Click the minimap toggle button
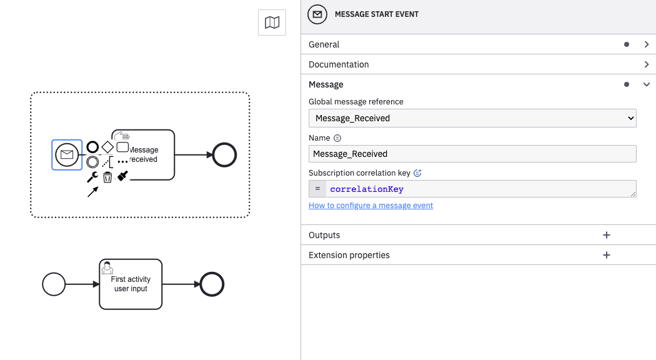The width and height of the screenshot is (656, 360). [272, 23]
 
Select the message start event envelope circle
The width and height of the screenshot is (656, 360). [67, 154]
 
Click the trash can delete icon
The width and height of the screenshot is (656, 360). [107, 177]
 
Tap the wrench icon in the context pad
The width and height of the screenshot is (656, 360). [92, 177]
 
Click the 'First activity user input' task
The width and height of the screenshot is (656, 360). [131, 284]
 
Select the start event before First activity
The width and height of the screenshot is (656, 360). [54, 284]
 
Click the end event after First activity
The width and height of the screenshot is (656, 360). [212, 284]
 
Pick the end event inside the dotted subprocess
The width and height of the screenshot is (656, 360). [225, 154]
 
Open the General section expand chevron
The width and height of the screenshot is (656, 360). [647, 44]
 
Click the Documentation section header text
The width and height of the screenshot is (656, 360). [339, 64]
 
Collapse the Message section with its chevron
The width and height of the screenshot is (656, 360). [647, 84]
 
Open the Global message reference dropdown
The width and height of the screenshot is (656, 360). [472, 118]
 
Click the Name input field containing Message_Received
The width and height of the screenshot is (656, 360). [472, 154]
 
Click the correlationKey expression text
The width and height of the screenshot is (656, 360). [367, 189]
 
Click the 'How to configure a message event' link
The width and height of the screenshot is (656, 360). [370, 206]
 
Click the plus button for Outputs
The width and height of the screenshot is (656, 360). [606, 235]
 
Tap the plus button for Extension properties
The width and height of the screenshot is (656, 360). [606, 255]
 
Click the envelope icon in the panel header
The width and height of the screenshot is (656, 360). [318, 14]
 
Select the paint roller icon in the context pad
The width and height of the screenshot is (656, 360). [123, 177]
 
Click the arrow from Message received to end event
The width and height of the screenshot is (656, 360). [194, 154]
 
